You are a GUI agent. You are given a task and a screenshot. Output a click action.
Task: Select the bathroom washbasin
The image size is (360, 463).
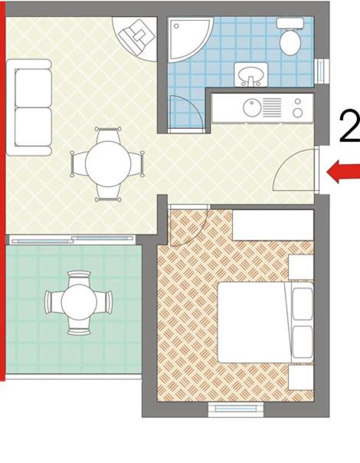coord(250,74)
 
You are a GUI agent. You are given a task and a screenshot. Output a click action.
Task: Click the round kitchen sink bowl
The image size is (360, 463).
coord(252,107)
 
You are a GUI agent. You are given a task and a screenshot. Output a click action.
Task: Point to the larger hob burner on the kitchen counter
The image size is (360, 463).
coord(298,113)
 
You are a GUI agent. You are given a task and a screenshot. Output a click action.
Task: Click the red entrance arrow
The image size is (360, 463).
coord(343,172)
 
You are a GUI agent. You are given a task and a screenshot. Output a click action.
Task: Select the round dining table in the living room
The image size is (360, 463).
coord(108,164)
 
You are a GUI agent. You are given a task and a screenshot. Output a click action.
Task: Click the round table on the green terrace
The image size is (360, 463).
coord(79,302)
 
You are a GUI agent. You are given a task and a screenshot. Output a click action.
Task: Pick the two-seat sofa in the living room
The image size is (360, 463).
coord(29,107)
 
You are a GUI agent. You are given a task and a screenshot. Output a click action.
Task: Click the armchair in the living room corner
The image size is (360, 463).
coord(136,36)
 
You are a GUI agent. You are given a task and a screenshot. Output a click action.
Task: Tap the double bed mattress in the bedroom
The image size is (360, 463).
coord(254,322)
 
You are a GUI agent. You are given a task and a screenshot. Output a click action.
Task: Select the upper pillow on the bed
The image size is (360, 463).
coord(302,304)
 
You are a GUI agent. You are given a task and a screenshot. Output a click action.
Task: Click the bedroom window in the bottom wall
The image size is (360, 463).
coord(236,409)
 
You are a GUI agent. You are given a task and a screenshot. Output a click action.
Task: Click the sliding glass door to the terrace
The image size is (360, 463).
coord(70,239)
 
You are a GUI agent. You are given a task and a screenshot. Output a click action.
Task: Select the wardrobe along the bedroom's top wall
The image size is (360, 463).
coord(273,225)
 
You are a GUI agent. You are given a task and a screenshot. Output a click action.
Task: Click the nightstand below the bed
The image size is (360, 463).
coord(301,377)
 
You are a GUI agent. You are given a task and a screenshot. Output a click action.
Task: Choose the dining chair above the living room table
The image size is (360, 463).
coord(108,135)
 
